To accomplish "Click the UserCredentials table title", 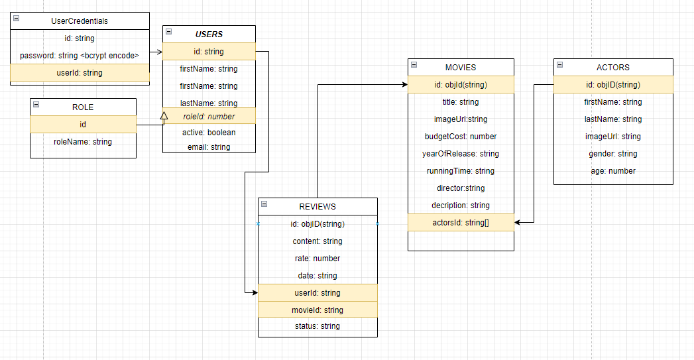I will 80,21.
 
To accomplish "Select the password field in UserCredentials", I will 80,56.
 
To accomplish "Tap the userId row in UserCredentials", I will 80,73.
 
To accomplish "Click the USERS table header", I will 209,34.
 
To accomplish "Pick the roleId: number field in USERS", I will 209,117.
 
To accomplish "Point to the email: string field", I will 209,147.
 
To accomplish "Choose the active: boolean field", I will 209,133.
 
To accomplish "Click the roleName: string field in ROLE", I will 83,142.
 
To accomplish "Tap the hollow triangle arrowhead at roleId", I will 164,116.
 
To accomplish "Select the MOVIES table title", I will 461,68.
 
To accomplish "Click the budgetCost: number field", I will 461,137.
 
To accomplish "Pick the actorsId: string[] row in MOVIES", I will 461,223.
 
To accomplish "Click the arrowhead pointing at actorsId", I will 518,223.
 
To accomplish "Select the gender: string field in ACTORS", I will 613,154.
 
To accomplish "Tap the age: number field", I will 613,171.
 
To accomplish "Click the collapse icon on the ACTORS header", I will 559,65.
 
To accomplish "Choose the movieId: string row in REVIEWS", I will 318,310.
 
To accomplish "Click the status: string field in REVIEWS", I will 318,326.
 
